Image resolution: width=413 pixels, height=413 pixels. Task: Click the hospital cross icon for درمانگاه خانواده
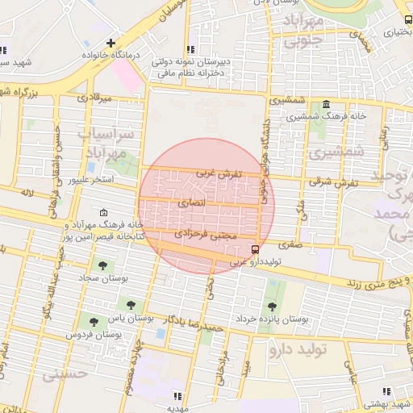(x=111, y=42)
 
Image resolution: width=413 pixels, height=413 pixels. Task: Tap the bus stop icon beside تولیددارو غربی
(x=255, y=249)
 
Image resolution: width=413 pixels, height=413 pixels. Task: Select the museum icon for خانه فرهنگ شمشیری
(x=326, y=105)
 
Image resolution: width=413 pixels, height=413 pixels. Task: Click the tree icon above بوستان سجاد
(x=102, y=265)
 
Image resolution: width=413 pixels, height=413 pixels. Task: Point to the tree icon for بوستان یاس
(x=131, y=304)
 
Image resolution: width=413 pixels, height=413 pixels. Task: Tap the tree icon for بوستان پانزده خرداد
(x=271, y=306)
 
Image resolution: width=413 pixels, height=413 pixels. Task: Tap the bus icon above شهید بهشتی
(x=385, y=390)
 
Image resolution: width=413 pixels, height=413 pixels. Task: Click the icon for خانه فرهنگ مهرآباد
(x=103, y=212)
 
